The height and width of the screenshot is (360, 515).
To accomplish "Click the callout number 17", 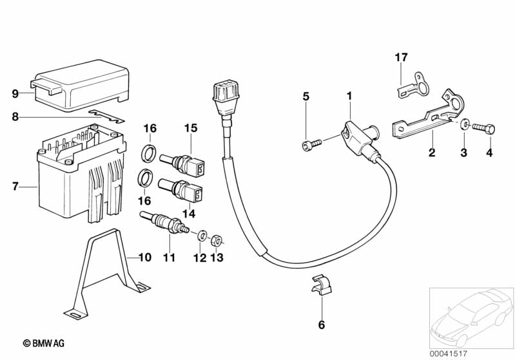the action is (401, 57).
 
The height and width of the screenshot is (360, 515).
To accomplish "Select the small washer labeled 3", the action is (465, 124).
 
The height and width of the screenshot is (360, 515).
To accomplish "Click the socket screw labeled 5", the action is (311, 144).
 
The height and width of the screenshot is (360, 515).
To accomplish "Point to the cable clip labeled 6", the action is (321, 285).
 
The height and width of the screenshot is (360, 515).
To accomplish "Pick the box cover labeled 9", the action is (80, 84).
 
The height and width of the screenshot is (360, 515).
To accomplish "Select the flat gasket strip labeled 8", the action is (107, 116).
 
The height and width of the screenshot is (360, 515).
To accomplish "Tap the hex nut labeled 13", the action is (217, 242).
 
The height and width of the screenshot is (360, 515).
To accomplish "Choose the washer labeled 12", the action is (202, 235).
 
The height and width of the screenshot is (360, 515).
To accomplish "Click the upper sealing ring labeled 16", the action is (149, 153).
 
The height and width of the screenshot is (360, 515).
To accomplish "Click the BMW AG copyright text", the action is (44, 343).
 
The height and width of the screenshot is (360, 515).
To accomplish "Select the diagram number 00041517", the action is (448, 354).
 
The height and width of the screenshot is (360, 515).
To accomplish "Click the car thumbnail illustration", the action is (472, 317).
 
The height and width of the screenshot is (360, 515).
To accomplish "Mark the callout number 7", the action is (15, 186).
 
